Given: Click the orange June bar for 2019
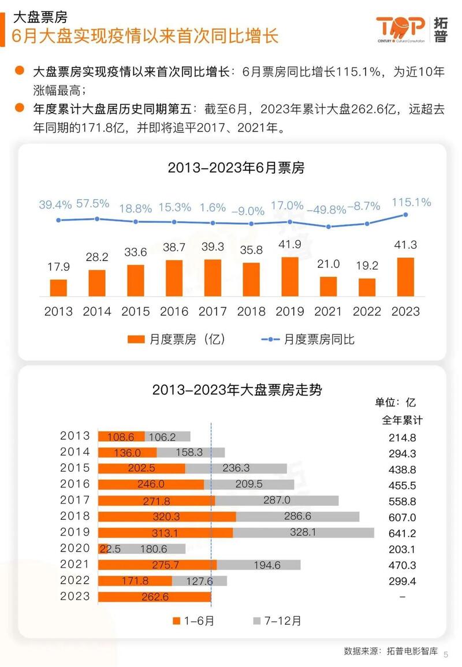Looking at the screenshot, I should pyautogui.click(x=290, y=277).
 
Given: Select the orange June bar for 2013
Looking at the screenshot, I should pyautogui.click(x=58, y=288).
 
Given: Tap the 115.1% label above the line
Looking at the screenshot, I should pyautogui.click(x=411, y=202).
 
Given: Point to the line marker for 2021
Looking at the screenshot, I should pyautogui.click(x=329, y=226).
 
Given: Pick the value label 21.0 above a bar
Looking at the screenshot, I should pyautogui.click(x=329, y=264).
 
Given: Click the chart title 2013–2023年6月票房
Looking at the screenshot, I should pyautogui.click(x=236, y=168).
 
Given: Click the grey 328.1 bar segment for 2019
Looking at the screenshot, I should pyautogui.click(x=304, y=532).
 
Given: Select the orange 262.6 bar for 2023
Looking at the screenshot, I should pyautogui.click(x=155, y=597).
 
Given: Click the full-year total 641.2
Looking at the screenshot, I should pyautogui.click(x=402, y=533).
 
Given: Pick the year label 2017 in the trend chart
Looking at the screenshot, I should pyautogui.click(x=75, y=500).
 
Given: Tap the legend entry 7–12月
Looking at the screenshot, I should pyautogui.click(x=277, y=621).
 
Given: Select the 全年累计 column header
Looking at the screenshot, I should pyautogui.click(x=403, y=419).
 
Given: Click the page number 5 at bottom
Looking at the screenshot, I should pyautogui.click(x=446, y=654).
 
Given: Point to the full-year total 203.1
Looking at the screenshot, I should pyautogui.click(x=402, y=549).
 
